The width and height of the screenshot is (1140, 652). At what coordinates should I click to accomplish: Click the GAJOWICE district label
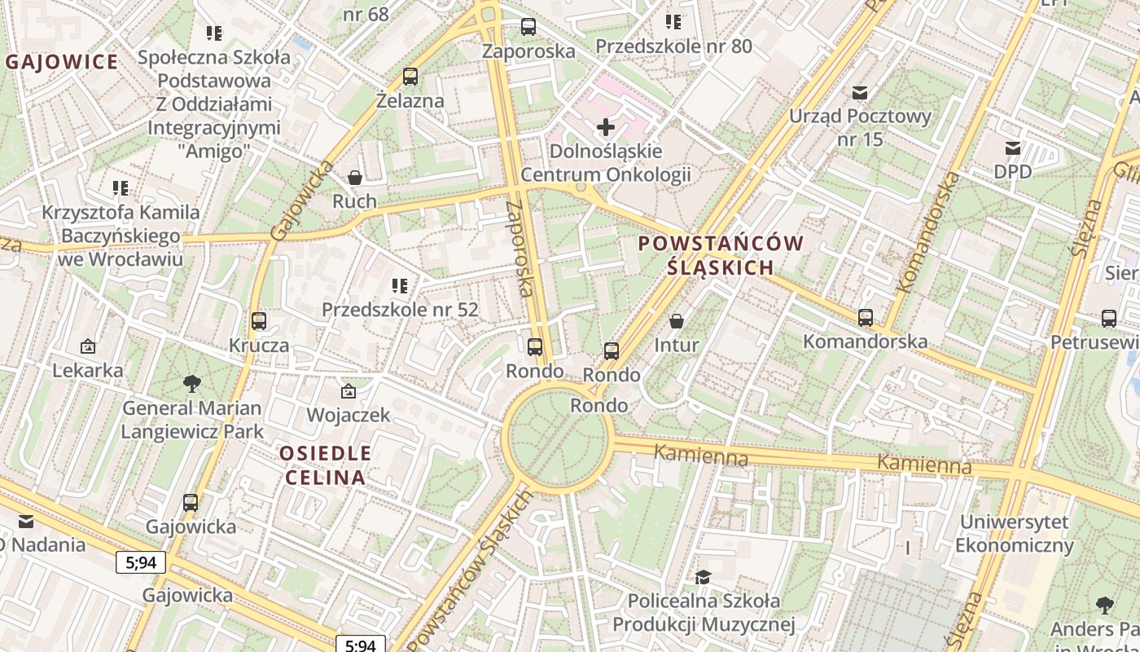click(63, 62)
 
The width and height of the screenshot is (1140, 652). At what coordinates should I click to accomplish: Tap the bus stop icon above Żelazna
click(410, 77)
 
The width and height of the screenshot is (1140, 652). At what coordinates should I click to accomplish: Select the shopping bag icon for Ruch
click(355, 177)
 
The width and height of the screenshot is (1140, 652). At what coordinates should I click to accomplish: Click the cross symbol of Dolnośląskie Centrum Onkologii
click(606, 126)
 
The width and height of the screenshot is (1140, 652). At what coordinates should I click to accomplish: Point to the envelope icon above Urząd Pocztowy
click(860, 93)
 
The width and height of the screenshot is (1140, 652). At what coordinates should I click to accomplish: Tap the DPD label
click(1013, 172)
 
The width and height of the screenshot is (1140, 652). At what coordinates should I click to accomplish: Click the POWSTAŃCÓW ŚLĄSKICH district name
click(721, 255)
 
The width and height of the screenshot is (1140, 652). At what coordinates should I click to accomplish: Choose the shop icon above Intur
click(677, 321)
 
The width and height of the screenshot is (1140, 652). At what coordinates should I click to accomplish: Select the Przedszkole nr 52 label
click(400, 310)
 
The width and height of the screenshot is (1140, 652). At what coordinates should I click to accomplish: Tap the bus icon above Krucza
click(259, 320)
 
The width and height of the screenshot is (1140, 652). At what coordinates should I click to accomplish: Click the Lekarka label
click(88, 370)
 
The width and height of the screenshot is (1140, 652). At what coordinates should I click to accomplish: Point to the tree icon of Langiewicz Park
click(192, 383)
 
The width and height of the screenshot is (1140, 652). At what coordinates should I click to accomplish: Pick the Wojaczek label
click(349, 415)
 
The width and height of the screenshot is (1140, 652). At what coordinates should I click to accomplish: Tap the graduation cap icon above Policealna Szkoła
click(703, 577)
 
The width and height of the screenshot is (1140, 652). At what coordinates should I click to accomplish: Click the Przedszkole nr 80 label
click(673, 46)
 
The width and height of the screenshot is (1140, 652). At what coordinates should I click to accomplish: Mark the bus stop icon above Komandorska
click(866, 318)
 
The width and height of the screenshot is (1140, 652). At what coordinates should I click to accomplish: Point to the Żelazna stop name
click(410, 101)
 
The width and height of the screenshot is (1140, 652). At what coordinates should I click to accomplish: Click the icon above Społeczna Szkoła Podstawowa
click(214, 33)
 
